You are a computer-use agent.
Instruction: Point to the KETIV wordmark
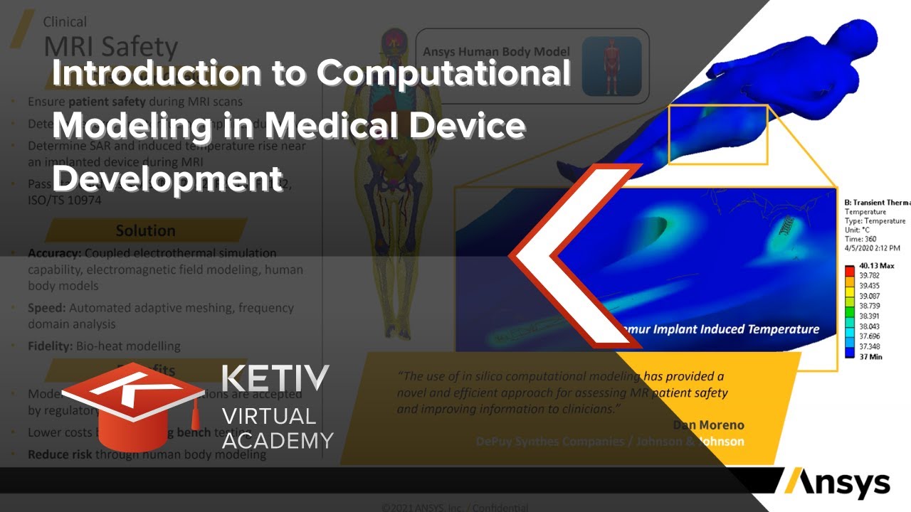click(x=275, y=379)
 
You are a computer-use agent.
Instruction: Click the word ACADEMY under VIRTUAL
click(x=278, y=440)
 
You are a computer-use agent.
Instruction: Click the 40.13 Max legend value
click(x=878, y=265)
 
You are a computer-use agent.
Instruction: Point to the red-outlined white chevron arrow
click(x=569, y=256)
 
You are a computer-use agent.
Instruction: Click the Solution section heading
click(x=145, y=230)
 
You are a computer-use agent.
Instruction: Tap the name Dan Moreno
click(x=708, y=425)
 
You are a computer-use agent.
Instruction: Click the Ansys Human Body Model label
click(x=496, y=52)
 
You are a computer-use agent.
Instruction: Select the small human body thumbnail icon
click(x=611, y=66)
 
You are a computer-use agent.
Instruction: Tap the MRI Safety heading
click(x=110, y=47)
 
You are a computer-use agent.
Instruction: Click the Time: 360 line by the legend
click(x=860, y=239)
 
